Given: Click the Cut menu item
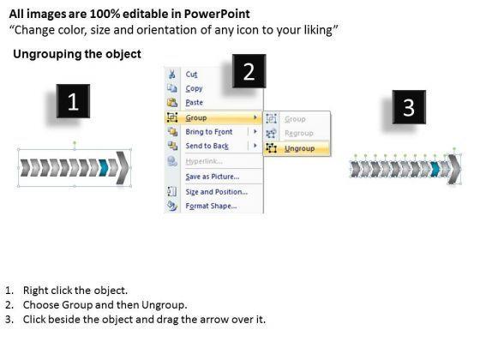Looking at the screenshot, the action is click(x=191, y=75).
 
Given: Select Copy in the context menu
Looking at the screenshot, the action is click(x=194, y=88).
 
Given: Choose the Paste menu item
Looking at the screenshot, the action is click(x=194, y=103).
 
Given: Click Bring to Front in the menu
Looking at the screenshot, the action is click(x=209, y=132).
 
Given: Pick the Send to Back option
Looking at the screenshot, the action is click(x=207, y=146).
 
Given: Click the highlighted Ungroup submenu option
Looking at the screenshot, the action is click(x=299, y=148).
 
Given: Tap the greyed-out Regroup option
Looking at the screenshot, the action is click(x=299, y=134).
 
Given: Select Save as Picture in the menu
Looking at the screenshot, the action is click(x=213, y=177).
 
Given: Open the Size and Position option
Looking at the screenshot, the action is click(x=216, y=192).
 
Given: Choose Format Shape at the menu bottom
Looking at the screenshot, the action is click(x=211, y=206).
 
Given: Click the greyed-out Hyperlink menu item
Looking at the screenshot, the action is click(x=204, y=161).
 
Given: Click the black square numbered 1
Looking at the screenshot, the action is click(x=73, y=101).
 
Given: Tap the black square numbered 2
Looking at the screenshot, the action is click(x=249, y=71).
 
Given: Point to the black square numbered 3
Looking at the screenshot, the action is click(x=409, y=107).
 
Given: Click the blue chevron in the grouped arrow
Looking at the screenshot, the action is click(x=104, y=168).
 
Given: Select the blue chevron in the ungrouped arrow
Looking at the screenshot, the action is click(x=435, y=169).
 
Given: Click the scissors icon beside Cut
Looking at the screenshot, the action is click(x=172, y=74).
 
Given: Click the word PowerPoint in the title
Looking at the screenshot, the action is click(x=217, y=14).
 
